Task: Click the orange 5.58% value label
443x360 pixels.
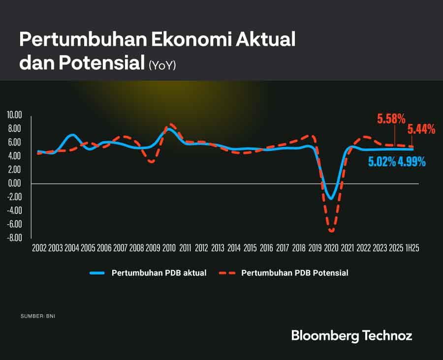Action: click(x=391, y=119)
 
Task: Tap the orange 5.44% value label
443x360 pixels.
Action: click(x=421, y=129)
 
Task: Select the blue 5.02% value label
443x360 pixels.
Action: click(x=382, y=161)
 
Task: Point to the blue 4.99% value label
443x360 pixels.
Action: click(x=412, y=161)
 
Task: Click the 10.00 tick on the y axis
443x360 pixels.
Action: click(x=15, y=115)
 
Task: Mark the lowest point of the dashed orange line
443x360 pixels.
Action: click(x=331, y=231)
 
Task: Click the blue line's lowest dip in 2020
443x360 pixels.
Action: click(x=331, y=199)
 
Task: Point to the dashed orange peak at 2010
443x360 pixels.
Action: click(x=170, y=124)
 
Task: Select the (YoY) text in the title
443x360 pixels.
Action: click(x=162, y=65)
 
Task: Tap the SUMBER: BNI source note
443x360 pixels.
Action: click(x=38, y=316)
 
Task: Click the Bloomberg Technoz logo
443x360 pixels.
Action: click(x=351, y=336)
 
